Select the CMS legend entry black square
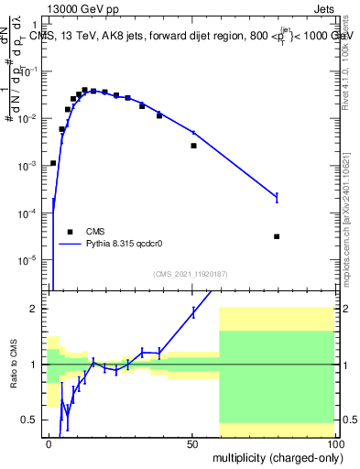pos(70,232)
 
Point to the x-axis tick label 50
pos(192,442)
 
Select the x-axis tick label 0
pos(49,442)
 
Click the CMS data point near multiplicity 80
pos(277,236)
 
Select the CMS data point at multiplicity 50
pos(193,146)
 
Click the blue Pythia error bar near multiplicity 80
pos(277,197)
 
